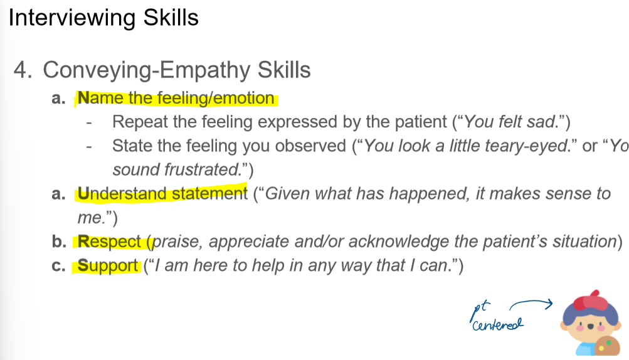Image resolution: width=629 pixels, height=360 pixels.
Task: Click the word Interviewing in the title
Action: [72, 18]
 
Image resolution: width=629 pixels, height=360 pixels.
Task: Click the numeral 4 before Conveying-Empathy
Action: [23, 70]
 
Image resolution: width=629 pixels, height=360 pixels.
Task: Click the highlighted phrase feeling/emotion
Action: [216, 98]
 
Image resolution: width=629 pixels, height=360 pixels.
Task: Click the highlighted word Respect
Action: [109, 242]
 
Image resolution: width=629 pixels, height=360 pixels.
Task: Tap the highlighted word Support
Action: [107, 266]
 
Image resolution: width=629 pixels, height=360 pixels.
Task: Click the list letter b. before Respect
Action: [59, 241]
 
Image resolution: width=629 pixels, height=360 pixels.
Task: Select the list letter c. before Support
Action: [58, 266]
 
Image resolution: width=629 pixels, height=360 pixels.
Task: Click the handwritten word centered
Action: [498, 324]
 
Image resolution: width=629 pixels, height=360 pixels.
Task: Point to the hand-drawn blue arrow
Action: [531, 302]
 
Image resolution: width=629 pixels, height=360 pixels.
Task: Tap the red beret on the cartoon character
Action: [593, 300]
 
